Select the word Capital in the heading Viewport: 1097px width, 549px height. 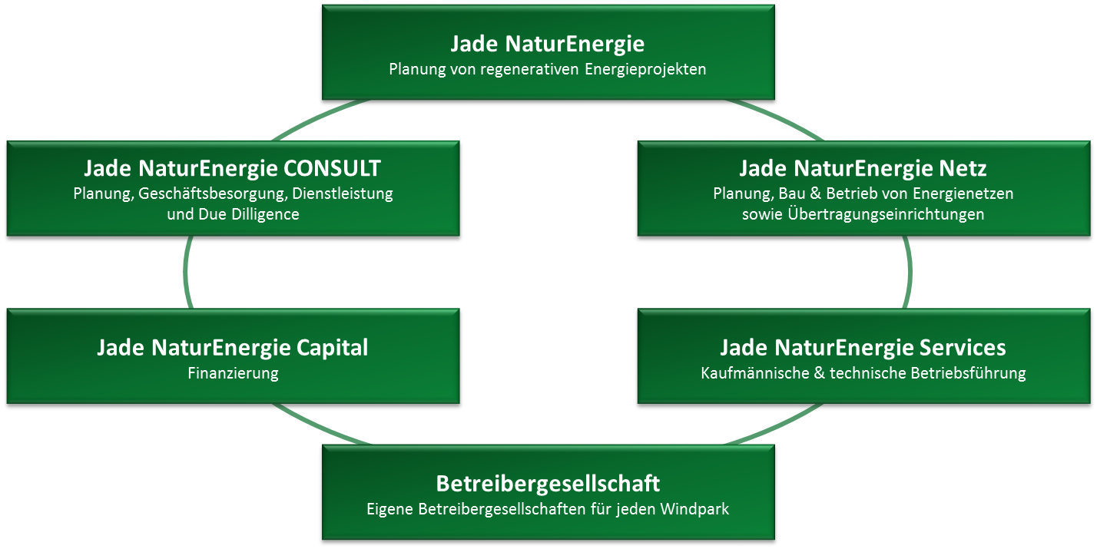[x=333, y=348]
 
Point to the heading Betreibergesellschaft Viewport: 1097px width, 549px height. [x=548, y=484]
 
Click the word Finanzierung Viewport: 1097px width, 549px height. [x=233, y=374]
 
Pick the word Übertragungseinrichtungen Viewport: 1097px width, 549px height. [x=886, y=215]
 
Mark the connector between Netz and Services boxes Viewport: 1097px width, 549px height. [x=909, y=273]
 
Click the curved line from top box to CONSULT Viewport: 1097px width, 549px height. [x=307, y=123]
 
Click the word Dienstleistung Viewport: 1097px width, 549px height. [x=343, y=194]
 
